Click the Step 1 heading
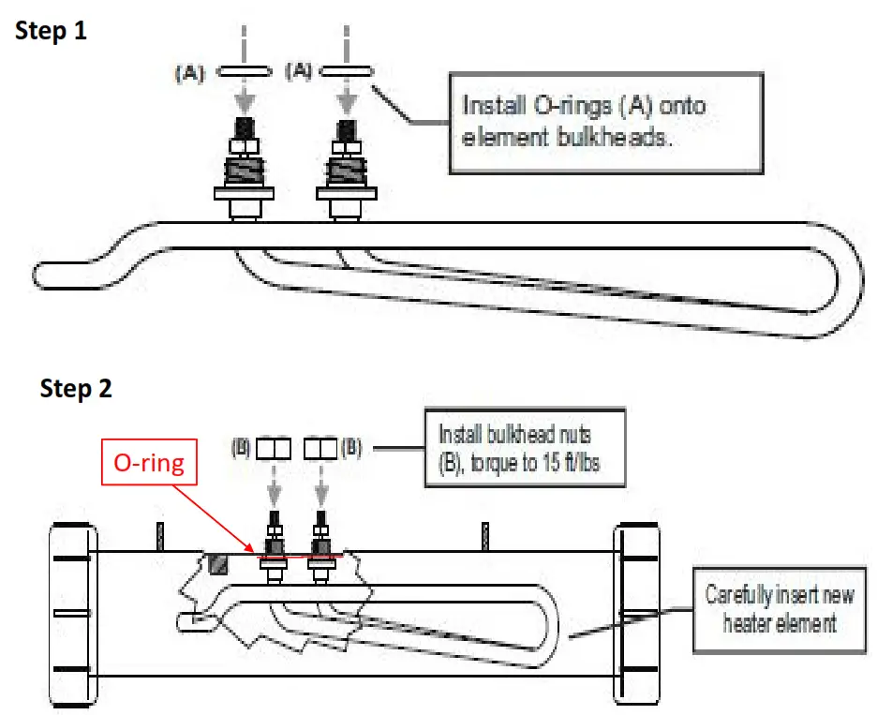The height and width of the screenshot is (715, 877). pos(51,30)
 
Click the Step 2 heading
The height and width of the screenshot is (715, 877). pos(76,389)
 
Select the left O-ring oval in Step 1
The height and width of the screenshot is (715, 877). pos(245,70)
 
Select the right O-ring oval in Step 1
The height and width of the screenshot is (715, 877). pos(348,70)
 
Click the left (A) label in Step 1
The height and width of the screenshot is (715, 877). pos(188,71)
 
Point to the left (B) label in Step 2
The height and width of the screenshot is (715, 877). pos(241,449)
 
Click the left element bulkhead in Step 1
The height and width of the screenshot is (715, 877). pos(245,170)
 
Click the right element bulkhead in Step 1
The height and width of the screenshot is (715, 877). pos(347,170)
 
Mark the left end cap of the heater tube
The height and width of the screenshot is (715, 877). pos(73,614)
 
